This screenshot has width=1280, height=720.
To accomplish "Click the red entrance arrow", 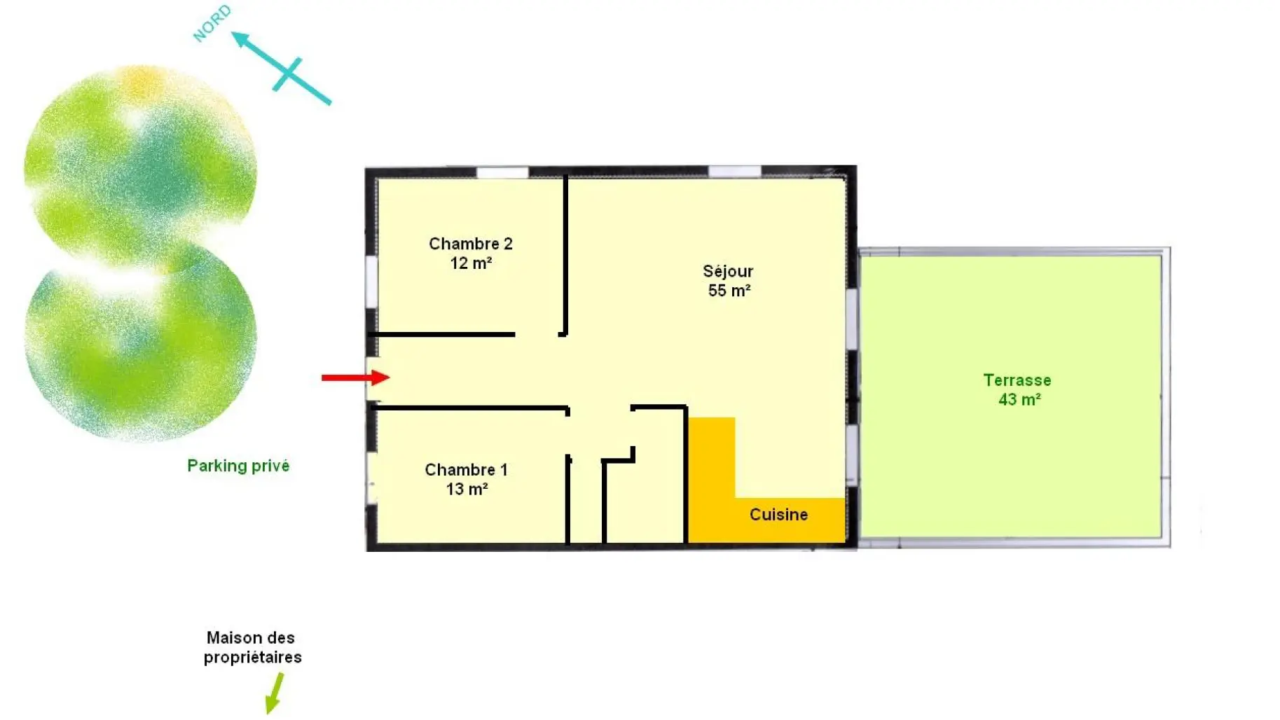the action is coord(355,378).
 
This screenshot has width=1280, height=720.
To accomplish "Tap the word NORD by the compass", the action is coord(212,23).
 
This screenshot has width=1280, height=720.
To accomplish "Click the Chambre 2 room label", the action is coord(471,253).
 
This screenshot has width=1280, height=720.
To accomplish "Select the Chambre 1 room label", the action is coord(467,479).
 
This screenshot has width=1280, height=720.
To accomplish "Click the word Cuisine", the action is coord(778,515).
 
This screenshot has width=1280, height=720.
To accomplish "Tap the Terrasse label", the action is coord(1017,380).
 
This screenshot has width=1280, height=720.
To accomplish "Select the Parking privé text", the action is coord(238,466).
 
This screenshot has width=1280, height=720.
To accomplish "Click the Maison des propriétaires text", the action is coord(252,648).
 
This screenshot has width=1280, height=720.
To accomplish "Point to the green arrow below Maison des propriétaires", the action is coord(275,693).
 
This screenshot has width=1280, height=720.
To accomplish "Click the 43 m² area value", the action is coord(1019,400).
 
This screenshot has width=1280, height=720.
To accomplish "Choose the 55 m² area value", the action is coord(729,291).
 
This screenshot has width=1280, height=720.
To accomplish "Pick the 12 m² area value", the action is coord(471,263).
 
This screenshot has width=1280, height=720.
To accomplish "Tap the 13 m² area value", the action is coord(467,489).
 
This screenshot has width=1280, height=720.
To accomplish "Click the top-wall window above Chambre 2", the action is coord(502,172).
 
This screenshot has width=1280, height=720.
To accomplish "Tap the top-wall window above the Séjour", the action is coord(734,172).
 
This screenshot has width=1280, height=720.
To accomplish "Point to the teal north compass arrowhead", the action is coord(241,39).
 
